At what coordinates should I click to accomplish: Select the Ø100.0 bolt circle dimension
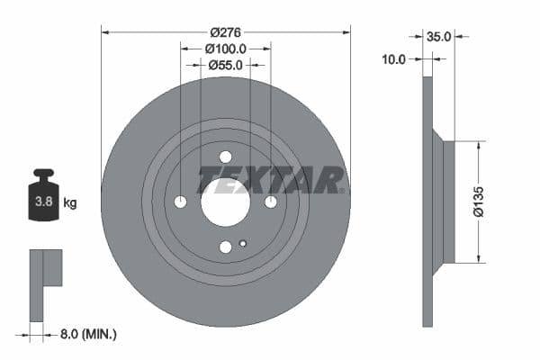pyautogui.click(x=225, y=48)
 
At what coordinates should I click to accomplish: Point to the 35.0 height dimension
pyautogui.click(x=438, y=37)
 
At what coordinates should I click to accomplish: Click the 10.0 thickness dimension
pyautogui.click(x=393, y=59)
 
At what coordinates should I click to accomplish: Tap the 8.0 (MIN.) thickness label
pyautogui.click(x=86, y=334)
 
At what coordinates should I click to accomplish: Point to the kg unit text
pyautogui.click(x=71, y=203)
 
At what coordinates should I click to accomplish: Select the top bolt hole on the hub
pyautogui.click(x=225, y=157)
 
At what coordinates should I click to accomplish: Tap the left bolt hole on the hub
pyautogui.click(x=181, y=202)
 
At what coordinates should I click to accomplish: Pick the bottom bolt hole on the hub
pyautogui.click(x=225, y=247)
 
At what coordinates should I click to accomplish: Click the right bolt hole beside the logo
pyautogui.click(x=269, y=202)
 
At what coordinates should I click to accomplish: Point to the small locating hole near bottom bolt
pyautogui.click(x=243, y=242)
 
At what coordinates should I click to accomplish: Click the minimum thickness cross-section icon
pyautogui.click(x=44, y=283)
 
